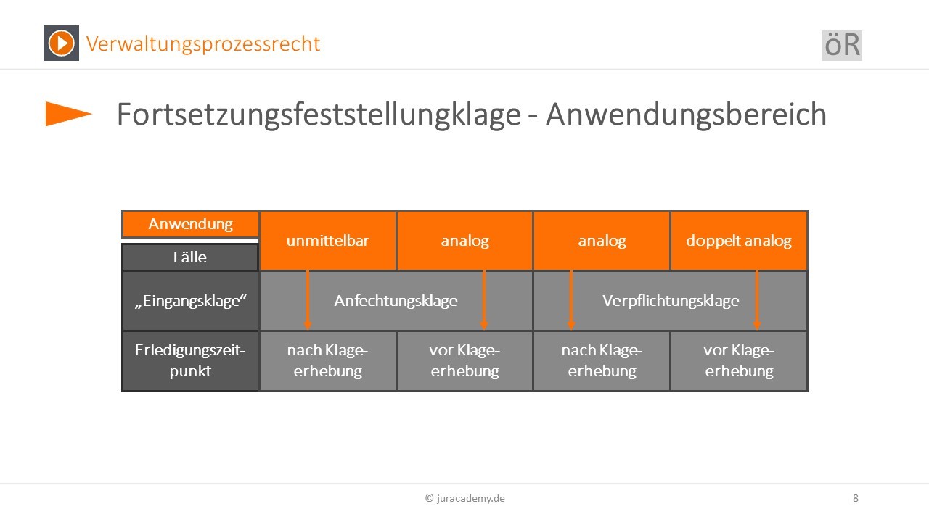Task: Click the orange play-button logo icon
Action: pyautogui.click(x=62, y=43)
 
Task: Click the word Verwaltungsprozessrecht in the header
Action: pyautogui.click(x=202, y=44)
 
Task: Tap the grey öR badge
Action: pyautogui.click(x=842, y=46)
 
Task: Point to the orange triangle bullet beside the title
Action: pyautogui.click(x=68, y=114)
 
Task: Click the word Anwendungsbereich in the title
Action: pyautogui.click(x=686, y=115)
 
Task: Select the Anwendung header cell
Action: pyautogui.click(x=190, y=224)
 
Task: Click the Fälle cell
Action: pyautogui.click(x=190, y=257)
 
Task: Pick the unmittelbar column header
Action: pyautogui.click(x=327, y=241)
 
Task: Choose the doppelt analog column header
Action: pyautogui.click(x=739, y=241)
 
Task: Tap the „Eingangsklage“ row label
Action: pyautogui.click(x=190, y=301)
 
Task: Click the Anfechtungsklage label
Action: pyautogui.click(x=396, y=301)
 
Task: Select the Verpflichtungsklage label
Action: pyautogui.click(x=671, y=301)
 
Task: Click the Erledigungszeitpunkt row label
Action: pyautogui.click(x=190, y=360)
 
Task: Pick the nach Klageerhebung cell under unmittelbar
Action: pyautogui.click(x=327, y=360)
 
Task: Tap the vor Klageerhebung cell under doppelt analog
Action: pyautogui.click(x=739, y=360)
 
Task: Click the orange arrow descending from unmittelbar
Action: pyautogui.click(x=307, y=300)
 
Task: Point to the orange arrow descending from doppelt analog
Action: pyautogui.click(x=757, y=300)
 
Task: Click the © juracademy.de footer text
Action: pyautogui.click(x=465, y=498)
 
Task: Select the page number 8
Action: pyautogui.click(x=856, y=498)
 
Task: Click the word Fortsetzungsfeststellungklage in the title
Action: pyautogui.click(x=319, y=115)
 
